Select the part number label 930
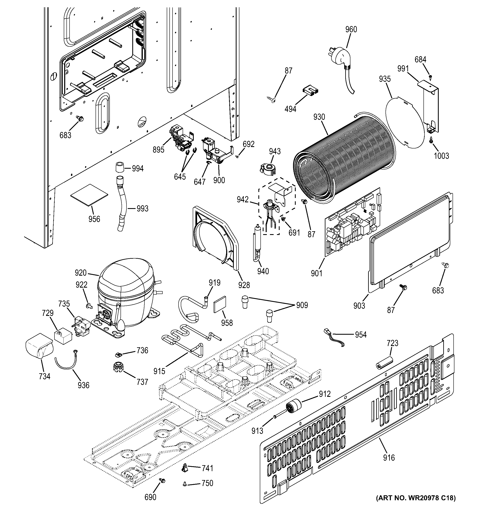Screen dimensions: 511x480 pyautogui.click(x=319, y=117)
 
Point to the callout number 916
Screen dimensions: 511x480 pyautogui.click(x=389, y=458)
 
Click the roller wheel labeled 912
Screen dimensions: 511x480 pyautogui.click(x=293, y=408)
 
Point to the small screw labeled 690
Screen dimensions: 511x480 pyautogui.click(x=162, y=480)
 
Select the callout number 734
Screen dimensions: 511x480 pyautogui.click(x=44, y=376)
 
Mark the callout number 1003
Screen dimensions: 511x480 pyautogui.click(x=441, y=156)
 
